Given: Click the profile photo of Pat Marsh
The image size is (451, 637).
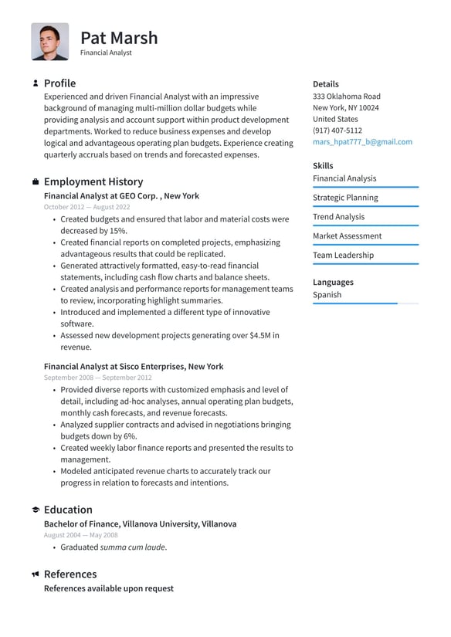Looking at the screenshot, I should [x=50, y=42].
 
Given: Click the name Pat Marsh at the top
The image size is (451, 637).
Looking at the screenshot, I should [x=119, y=38].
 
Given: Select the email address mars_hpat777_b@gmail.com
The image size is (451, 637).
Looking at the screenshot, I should [x=362, y=142].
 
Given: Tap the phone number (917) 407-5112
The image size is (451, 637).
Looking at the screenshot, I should [x=337, y=130].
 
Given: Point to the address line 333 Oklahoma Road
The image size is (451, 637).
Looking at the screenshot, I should [x=346, y=97].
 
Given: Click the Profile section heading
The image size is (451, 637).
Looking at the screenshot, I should [x=59, y=83].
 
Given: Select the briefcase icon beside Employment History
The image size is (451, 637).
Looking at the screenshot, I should [x=36, y=182].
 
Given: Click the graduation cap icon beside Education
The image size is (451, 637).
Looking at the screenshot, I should [x=36, y=510].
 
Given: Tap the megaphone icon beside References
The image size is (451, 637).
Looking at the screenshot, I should [x=36, y=574].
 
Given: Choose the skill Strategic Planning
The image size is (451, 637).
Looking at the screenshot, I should [x=345, y=198].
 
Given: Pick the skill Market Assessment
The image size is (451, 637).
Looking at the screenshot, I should [x=347, y=236].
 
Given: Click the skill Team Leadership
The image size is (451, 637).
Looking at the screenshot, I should [x=343, y=256].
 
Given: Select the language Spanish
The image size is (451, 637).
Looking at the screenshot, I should [x=327, y=295].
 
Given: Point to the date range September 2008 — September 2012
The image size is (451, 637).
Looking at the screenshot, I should [x=97, y=378].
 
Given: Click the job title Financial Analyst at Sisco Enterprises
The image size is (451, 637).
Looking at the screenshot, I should [x=134, y=367].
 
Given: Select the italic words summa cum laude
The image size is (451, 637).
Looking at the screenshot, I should [x=132, y=547].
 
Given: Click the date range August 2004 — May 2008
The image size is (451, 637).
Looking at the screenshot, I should [x=80, y=535].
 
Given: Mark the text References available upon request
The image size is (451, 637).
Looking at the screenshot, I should [x=108, y=588].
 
